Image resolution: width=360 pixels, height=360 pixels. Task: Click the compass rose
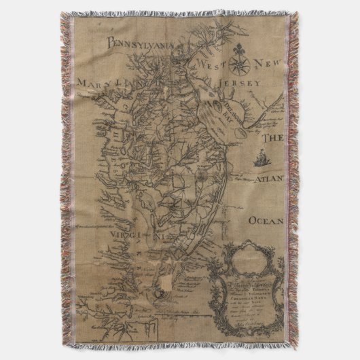point(239,66)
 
